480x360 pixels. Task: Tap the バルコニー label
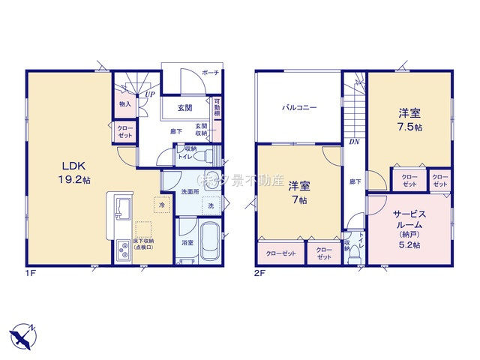[299, 107]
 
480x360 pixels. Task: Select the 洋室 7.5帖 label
[409, 120]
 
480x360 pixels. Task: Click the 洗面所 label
[189, 192]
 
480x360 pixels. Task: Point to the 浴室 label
[186, 242]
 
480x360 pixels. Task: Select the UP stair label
[151, 94]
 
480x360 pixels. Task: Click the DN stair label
[352, 140]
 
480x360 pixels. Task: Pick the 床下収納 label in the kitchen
[145, 244]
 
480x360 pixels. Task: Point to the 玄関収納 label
[202, 130]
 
